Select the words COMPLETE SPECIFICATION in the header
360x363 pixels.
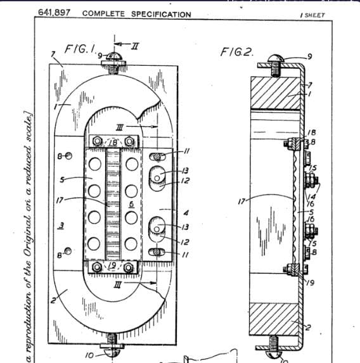pyautogui.click(x=136, y=14)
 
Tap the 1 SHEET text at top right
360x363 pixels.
pyautogui.click(x=312, y=15)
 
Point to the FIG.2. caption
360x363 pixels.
pyautogui.click(x=237, y=51)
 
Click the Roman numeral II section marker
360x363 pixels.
pyautogui.click(x=134, y=43)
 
